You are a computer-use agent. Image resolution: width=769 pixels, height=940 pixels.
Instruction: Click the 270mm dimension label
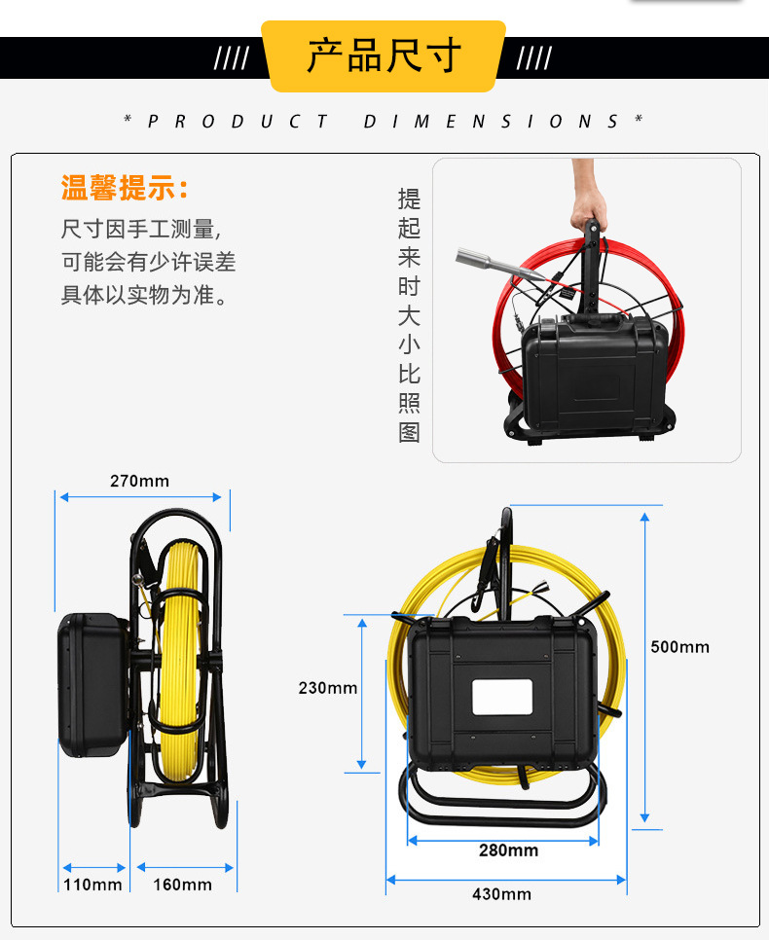click(140, 481)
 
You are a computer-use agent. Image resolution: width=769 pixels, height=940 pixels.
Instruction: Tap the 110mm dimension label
click(92, 885)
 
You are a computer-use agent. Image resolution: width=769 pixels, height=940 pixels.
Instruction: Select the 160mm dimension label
click(182, 885)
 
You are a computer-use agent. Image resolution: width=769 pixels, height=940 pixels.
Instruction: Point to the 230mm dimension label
click(327, 688)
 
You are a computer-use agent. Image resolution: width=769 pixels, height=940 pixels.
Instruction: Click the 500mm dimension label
click(679, 647)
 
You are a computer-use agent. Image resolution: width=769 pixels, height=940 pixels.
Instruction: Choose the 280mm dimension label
click(508, 850)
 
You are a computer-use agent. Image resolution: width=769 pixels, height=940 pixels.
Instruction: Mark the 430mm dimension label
click(501, 894)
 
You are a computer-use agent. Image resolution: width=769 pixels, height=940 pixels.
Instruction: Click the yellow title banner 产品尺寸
click(384, 55)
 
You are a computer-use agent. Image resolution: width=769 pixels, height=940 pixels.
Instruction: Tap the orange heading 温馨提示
click(125, 188)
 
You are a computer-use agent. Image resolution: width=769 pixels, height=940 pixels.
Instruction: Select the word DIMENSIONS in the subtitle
click(491, 122)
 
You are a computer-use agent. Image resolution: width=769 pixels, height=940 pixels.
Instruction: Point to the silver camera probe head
click(480, 261)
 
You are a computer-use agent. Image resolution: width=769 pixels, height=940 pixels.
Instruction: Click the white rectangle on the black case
click(502, 697)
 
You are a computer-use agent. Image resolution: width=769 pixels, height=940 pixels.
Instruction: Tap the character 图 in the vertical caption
click(409, 432)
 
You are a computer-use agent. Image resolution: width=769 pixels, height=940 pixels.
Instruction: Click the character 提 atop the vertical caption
click(409, 199)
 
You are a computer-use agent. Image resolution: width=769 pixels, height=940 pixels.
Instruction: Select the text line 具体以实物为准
click(144, 295)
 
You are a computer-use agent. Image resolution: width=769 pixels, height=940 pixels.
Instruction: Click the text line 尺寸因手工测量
click(141, 229)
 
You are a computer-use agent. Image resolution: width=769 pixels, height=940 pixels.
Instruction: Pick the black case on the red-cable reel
click(594, 374)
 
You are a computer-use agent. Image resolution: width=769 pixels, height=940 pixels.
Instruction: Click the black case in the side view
click(93, 685)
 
